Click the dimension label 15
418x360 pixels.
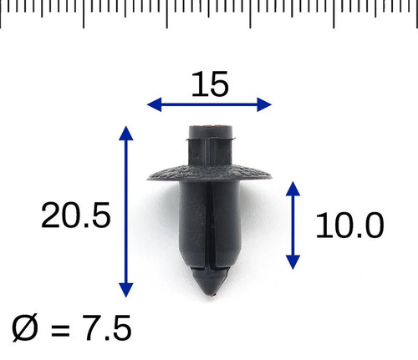tap(210, 84)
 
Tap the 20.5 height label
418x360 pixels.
tap(76, 215)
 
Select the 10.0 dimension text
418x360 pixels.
tap(349, 226)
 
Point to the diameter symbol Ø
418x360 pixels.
tap(25, 327)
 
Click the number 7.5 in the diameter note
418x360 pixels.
tap(107, 327)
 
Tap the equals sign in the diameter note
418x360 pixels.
tap(60, 329)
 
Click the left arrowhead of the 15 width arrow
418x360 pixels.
tap(154, 104)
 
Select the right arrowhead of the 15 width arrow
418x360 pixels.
tap(264, 104)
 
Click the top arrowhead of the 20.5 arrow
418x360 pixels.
tap(126, 133)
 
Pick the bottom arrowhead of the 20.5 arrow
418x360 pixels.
tap(126, 290)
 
